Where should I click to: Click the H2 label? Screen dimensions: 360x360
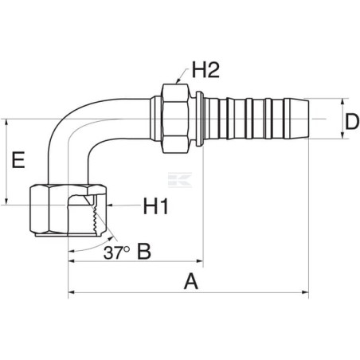205,69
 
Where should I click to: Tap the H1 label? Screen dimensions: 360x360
156,206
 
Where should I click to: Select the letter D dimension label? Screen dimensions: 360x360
351,122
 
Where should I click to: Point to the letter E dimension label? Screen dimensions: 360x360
18,160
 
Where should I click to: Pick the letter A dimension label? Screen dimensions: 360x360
191,282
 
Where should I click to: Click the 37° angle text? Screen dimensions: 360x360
116,252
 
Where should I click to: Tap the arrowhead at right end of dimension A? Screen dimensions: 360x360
306,292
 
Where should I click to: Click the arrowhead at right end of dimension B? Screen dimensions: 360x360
200,261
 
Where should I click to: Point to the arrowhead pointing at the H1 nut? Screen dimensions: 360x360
109,205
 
